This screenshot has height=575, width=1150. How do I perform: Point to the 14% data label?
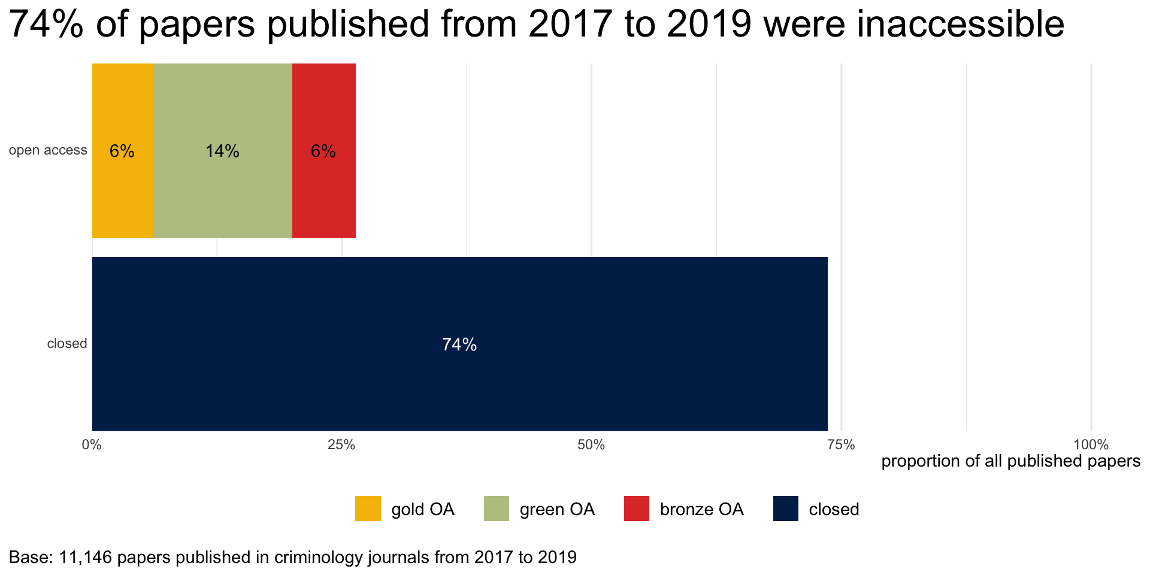tap(222, 152)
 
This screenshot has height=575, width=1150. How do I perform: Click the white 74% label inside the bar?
tap(459, 344)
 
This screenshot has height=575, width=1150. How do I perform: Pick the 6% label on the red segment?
tap(323, 152)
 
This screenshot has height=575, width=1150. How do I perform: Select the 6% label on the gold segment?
tap(122, 152)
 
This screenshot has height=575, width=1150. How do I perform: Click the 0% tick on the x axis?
tap(91, 445)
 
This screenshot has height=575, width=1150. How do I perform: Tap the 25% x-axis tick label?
tap(341, 445)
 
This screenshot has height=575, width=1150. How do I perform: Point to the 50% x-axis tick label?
tap(591, 445)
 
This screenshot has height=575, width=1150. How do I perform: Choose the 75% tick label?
tap(841, 445)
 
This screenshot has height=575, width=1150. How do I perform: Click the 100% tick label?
tap(1091, 445)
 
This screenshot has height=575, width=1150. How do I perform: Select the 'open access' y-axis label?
tap(48, 150)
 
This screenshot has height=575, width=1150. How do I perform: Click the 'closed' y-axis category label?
tap(67, 344)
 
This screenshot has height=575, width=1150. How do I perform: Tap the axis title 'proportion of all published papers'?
tap(1010, 461)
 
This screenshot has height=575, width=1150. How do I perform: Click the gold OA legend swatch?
tap(368, 509)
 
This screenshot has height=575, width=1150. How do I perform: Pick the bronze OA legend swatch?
tap(636, 509)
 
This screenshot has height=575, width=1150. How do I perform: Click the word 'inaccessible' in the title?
tap(960, 24)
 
